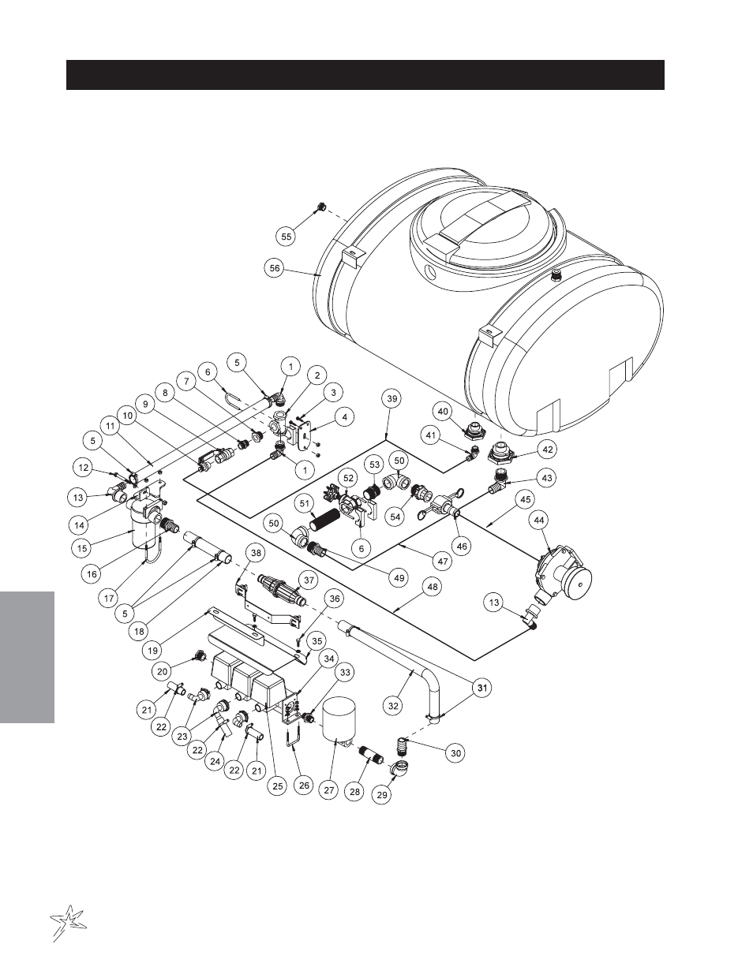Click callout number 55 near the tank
287,235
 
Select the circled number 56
274,268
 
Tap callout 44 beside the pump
540,520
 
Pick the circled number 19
152,651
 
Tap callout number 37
309,580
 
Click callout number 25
276,786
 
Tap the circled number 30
455,753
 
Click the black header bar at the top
365,75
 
